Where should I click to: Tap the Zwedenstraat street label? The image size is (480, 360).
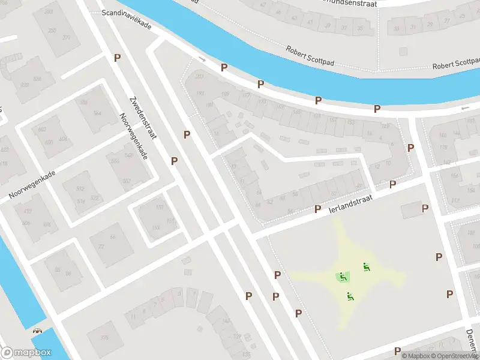(143, 118)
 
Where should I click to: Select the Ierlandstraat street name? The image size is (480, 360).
(351, 202)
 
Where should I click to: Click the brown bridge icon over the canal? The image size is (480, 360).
(38, 330)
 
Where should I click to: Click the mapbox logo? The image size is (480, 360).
(26, 352)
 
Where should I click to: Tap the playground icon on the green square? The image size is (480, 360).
(343, 277)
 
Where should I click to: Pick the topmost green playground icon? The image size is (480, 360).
(366, 266)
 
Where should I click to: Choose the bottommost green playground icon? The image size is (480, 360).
(350, 295)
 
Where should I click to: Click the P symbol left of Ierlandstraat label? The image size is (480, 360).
(319, 209)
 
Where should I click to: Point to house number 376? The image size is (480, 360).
(105, 338)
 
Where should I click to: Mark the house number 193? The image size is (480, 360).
(201, 94)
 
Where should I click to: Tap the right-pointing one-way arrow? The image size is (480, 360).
(202, 59)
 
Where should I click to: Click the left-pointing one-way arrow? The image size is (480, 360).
(465, 108)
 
